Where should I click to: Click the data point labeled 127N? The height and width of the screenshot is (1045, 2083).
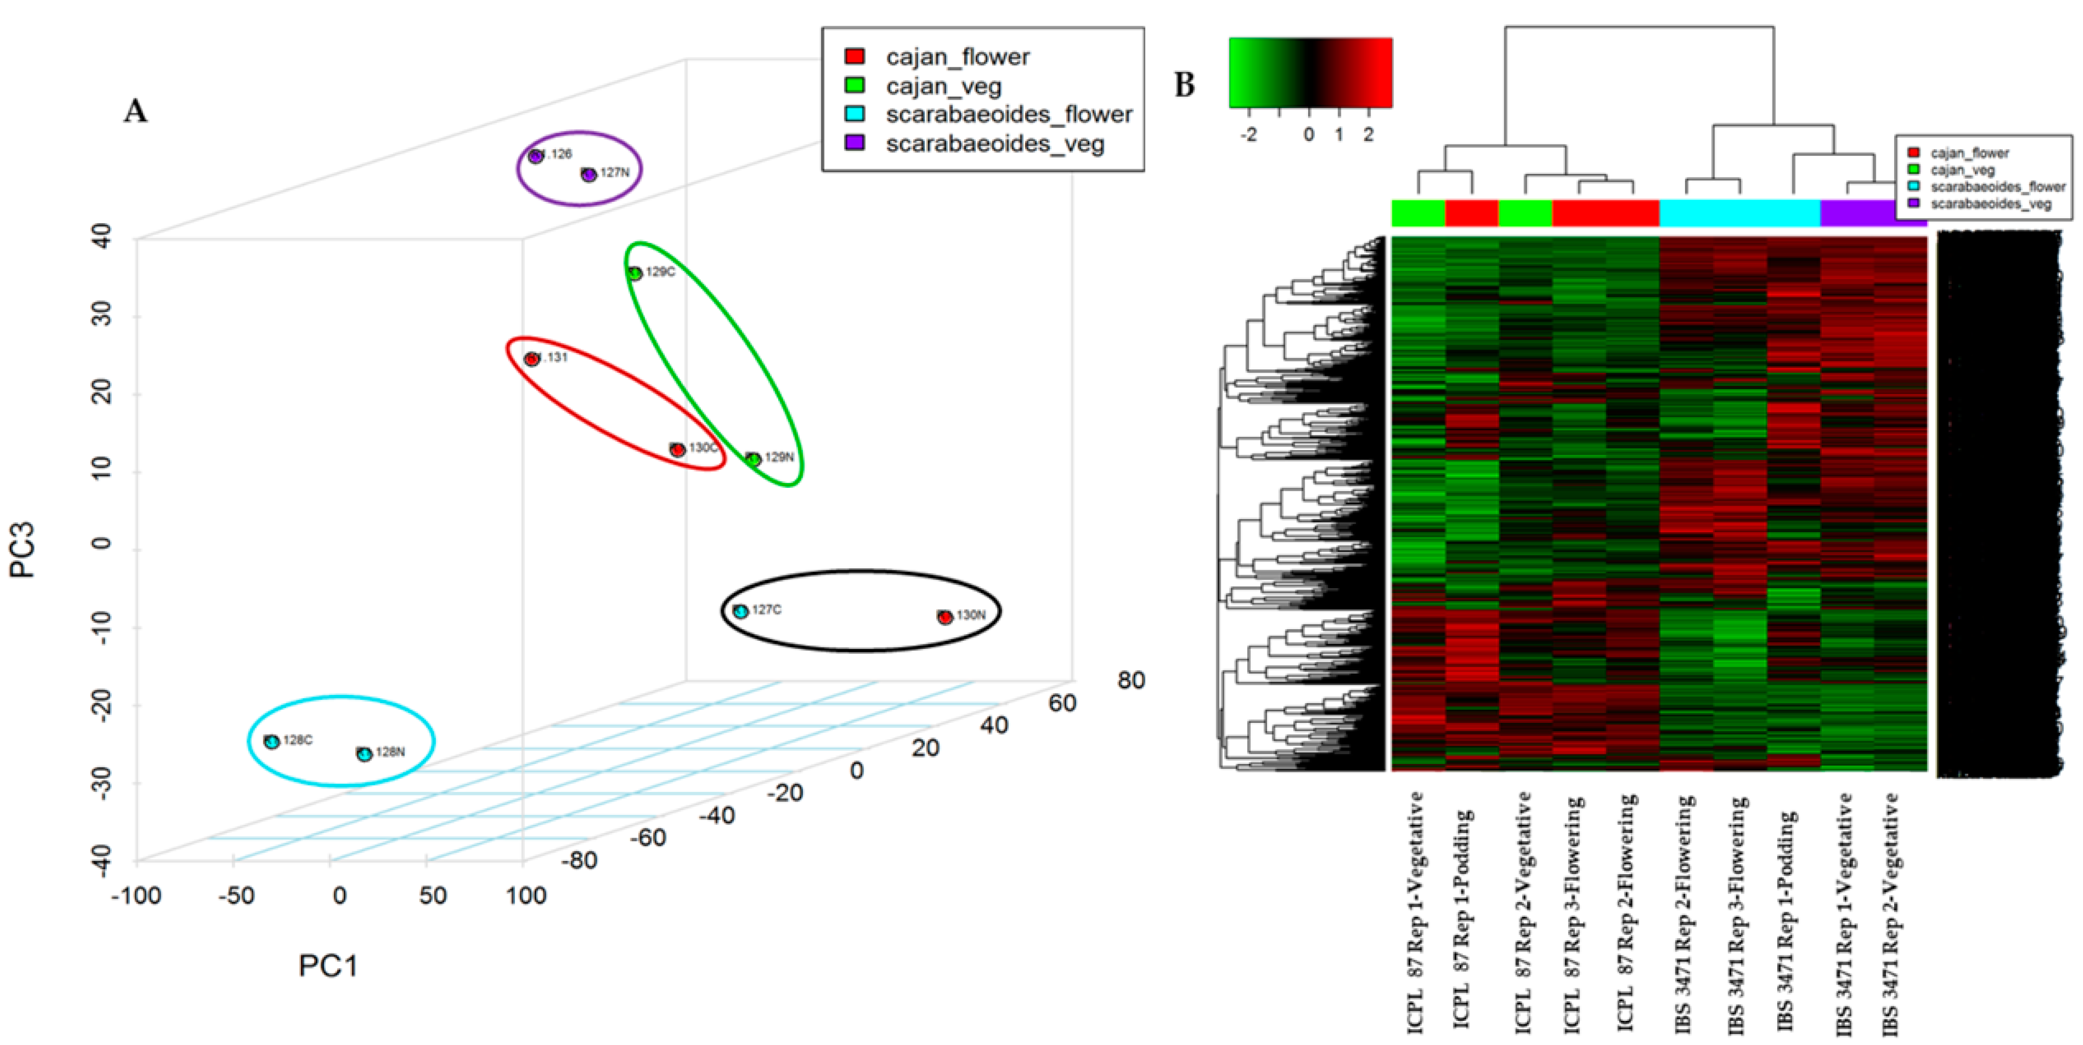click(589, 174)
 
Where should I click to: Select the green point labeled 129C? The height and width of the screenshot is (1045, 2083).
click(635, 273)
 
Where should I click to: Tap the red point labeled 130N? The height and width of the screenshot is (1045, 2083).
click(944, 617)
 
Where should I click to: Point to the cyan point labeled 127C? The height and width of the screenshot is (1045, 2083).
click(741, 611)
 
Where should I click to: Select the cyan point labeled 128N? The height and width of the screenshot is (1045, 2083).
click(365, 753)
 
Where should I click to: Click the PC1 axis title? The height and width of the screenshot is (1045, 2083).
click(328, 965)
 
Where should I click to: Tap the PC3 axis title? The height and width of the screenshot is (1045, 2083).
click(23, 550)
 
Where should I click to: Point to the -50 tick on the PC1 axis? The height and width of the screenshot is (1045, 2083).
click(236, 895)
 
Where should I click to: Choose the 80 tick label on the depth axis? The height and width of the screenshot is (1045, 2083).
click(1130, 680)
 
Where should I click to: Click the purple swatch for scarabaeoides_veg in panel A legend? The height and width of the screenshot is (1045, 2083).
click(854, 143)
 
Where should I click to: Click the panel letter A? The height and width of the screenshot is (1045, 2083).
click(135, 111)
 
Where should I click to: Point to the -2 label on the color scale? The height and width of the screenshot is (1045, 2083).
click(1249, 135)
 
